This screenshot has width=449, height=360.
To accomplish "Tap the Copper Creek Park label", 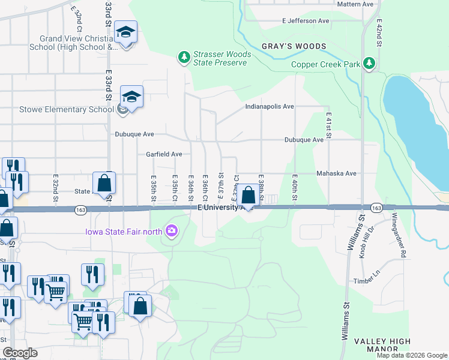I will tap(325, 65).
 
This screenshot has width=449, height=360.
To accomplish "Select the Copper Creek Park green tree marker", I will tap(370, 63).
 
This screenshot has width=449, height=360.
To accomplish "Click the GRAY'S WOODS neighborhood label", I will tap(294, 46).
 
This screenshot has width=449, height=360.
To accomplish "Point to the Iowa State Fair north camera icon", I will tap(172, 230).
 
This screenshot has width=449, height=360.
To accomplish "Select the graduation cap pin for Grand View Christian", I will tap(126, 32).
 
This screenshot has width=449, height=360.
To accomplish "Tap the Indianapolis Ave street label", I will tap(270, 106).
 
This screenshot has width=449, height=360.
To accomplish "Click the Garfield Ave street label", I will tap(164, 154).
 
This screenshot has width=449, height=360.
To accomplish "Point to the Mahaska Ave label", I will tap(337, 173).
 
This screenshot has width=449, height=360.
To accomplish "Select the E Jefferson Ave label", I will tap(306, 20).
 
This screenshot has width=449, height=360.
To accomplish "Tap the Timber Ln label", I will tap(367, 280).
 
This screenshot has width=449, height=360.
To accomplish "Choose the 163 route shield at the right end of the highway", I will tap(376, 208).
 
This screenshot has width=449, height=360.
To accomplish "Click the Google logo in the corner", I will tap(20, 353).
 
